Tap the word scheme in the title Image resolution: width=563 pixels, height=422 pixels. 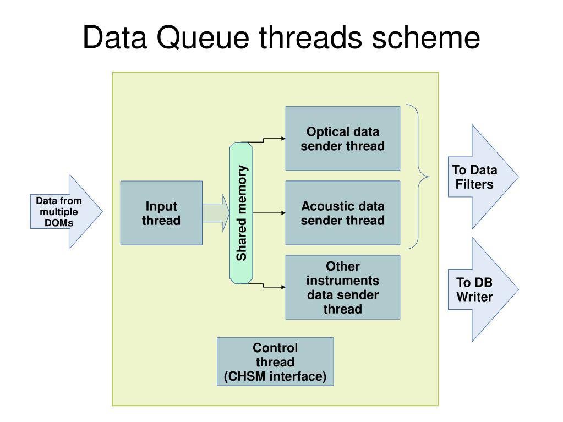pyautogui.click(x=425, y=37)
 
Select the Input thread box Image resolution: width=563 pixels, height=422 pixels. pyautogui.click(x=161, y=213)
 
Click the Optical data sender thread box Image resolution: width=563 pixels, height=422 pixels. pyautogui.click(x=342, y=139)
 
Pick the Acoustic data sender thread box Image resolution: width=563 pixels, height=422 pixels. pyautogui.click(x=342, y=213)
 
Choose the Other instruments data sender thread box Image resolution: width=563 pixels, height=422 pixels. pyautogui.click(x=342, y=287)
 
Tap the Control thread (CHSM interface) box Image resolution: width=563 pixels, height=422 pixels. pyautogui.click(x=275, y=361)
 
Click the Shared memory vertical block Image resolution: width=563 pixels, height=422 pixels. pyautogui.click(x=241, y=213)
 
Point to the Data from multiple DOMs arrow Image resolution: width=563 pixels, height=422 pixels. pyautogui.click(x=67, y=212)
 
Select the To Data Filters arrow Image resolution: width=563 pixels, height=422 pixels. pyautogui.click(x=483, y=177)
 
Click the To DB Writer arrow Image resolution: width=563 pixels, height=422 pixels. pyautogui.click(x=483, y=289)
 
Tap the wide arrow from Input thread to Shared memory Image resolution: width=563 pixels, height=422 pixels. pyautogui.click(x=216, y=213)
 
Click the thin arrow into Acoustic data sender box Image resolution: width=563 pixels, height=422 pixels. pyautogui.click(x=269, y=213)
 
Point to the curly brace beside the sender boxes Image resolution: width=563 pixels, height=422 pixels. pyautogui.click(x=418, y=177)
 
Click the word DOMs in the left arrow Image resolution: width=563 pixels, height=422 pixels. pyautogui.click(x=59, y=223)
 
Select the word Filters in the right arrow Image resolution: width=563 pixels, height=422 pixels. pyautogui.click(x=474, y=184)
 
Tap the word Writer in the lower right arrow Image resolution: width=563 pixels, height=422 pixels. pyautogui.click(x=474, y=297)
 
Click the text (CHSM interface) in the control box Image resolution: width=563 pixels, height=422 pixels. pyautogui.click(x=275, y=376)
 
